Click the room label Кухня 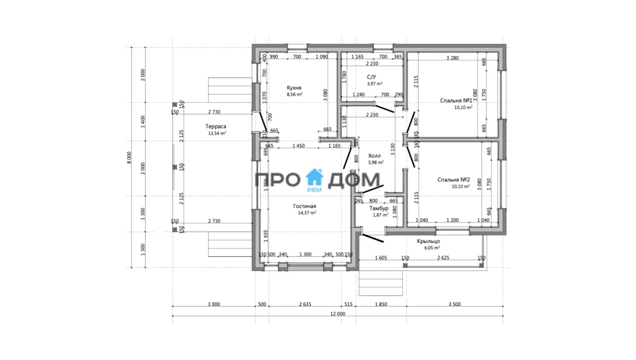(x=294, y=88)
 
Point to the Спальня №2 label (x=453, y=180)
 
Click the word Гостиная (x=305, y=206)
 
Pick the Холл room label (x=375, y=155)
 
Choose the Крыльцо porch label (x=429, y=241)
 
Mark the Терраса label (x=216, y=127)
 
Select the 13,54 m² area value (x=217, y=134)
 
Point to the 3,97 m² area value (x=375, y=83)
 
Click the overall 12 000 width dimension (x=337, y=314)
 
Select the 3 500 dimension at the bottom (x=454, y=305)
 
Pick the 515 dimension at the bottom (x=348, y=305)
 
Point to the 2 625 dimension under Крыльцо (x=442, y=258)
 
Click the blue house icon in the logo (x=315, y=178)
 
